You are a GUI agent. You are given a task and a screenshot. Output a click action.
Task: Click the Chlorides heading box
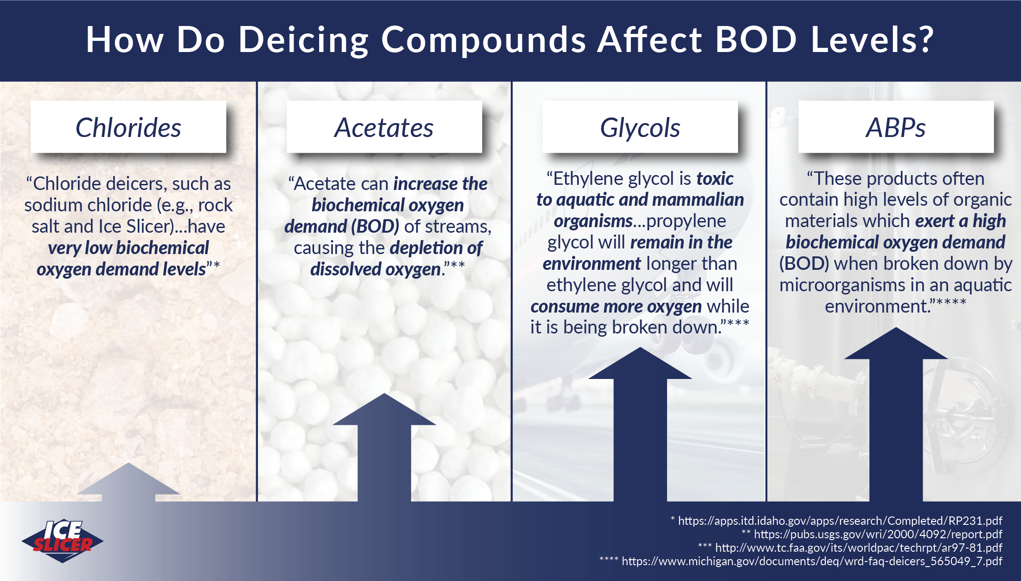tap(128, 127)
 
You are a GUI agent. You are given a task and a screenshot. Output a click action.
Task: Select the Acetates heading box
tap(384, 127)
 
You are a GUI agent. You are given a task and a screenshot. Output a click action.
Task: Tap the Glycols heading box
tap(640, 127)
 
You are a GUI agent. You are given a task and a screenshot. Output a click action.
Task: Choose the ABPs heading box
tap(895, 127)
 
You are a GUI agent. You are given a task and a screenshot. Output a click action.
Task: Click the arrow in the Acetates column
tap(384, 446)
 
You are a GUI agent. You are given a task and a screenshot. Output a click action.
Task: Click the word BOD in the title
tap(756, 39)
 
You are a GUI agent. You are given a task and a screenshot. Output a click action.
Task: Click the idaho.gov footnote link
tap(840, 521)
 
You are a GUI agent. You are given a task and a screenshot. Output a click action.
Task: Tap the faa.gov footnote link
tap(858, 548)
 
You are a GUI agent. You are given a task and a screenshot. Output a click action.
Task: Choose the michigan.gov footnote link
tap(812, 561)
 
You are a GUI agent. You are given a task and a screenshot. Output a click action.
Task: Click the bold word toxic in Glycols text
tap(715, 179)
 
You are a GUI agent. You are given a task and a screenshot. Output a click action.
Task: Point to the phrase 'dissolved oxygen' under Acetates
tap(376, 269)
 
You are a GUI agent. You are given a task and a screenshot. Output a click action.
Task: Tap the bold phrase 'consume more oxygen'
tap(616, 307)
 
